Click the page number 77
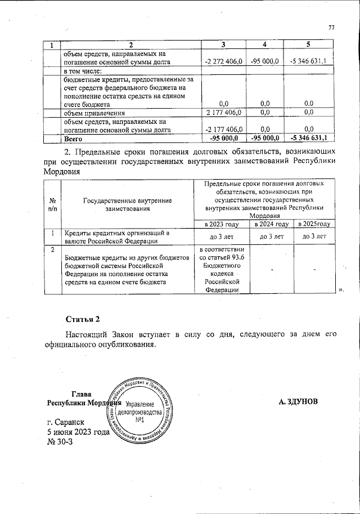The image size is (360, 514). pyautogui.click(x=331, y=28)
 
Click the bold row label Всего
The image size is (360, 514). pyautogui.click(x=73, y=137)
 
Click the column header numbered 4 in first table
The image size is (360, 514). pyautogui.click(x=264, y=44)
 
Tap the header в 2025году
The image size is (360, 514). pyautogui.click(x=314, y=224)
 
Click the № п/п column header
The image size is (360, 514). pyautogui.click(x=52, y=204)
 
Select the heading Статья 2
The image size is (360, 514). pyautogui.click(x=82, y=320)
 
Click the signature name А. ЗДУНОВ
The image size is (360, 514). pyautogui.click(x=298, y=402)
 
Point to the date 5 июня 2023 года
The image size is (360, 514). pyautogui.click(x=78, y=432)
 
